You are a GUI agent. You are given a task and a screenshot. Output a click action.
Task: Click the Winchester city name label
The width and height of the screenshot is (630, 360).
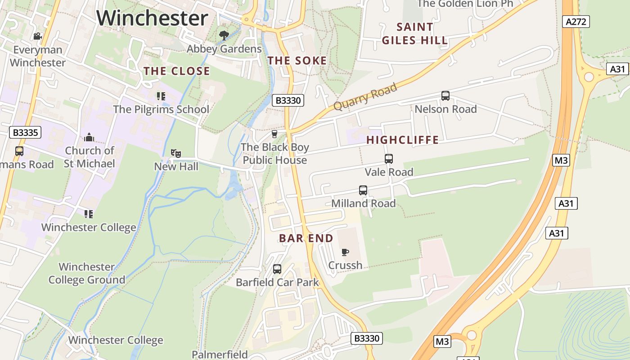152,18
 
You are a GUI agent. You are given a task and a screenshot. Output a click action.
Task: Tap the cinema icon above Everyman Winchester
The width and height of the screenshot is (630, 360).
38,36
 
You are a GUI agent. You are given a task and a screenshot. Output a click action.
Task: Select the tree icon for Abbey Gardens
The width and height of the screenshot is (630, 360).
224,35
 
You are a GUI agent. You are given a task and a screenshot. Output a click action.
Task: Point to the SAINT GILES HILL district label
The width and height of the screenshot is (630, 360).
414,34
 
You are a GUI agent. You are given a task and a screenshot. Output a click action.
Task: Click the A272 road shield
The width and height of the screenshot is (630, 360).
576,22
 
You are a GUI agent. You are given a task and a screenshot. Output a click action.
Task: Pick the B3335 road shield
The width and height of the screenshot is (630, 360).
25,132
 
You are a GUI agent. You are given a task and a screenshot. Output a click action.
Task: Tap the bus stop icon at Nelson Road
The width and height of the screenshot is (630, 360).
445,96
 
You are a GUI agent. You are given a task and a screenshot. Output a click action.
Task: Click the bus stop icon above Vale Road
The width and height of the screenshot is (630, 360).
389,159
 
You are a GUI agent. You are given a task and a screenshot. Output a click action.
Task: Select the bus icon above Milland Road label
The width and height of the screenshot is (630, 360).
363,190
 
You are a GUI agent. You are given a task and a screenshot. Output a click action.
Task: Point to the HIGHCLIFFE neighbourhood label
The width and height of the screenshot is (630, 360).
402,140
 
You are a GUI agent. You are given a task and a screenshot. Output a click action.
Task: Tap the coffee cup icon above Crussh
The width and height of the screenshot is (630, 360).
345,252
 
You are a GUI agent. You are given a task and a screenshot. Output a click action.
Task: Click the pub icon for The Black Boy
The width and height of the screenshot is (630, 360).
274,134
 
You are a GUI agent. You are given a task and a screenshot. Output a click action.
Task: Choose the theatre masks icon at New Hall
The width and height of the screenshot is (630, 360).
176,153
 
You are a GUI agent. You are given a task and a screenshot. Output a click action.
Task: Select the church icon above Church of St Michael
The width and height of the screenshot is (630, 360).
89,137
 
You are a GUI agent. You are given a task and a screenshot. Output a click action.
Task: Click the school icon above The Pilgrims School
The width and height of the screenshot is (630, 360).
161,96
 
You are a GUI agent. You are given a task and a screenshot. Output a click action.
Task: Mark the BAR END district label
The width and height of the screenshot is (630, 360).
306,238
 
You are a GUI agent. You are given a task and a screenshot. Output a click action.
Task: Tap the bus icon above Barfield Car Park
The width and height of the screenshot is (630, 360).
277,269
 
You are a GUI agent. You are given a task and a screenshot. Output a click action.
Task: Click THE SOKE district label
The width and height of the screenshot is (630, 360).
297,61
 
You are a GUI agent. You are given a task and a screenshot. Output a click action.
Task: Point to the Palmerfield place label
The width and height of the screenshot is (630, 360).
220,354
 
